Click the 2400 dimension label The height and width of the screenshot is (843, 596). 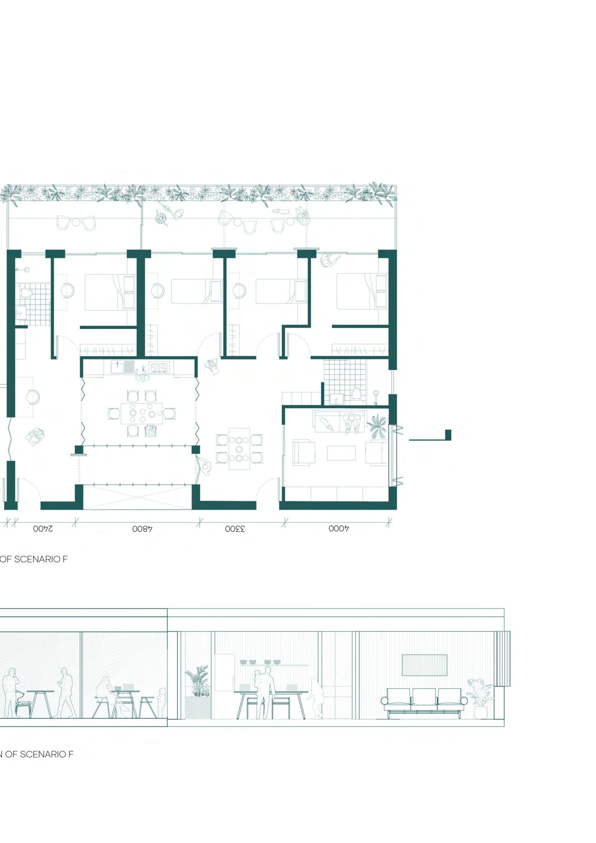coord(43,529)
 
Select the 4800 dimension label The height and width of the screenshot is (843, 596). coord(142,529)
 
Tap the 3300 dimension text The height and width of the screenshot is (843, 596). coord(235,529)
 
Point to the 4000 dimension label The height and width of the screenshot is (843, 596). coord(339,528)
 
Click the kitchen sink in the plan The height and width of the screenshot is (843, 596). coord(122,367)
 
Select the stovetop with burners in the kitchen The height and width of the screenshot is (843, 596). coord(159,367)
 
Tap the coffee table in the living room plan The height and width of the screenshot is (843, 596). coord(341,453)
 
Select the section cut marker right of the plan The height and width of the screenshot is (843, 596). coord(430,436)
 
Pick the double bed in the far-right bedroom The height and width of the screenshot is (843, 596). coord(361,292)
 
